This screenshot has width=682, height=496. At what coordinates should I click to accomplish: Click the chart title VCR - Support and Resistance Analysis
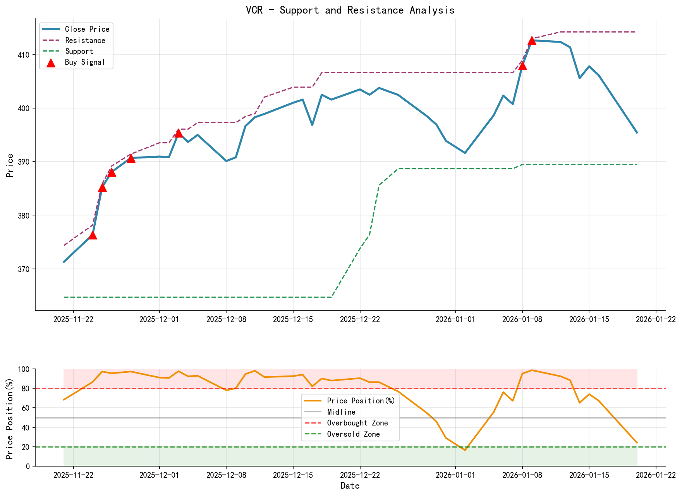(x=350, y=10)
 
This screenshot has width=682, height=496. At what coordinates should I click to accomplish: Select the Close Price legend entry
(x=87, y=29)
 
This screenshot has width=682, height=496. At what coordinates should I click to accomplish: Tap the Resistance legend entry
(x=85, y=40)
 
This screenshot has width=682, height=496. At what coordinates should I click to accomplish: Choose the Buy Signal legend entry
(x=85, y=62)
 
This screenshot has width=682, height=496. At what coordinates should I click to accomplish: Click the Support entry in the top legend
(x=79, y=51)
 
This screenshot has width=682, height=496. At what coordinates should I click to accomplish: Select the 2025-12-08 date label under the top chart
(x=226, y=319)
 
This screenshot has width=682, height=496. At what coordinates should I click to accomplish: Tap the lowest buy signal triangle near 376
(x=93, y=235)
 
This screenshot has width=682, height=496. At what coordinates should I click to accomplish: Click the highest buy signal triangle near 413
(x=532, y=41)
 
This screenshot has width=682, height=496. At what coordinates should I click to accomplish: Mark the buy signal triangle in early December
(x=179, y=133)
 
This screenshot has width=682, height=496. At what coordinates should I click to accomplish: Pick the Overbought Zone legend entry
(x=357, y=423)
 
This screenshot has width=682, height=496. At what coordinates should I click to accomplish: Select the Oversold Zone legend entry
(x=353, y=434)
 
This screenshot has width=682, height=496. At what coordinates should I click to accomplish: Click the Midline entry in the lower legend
(x=341, y=412)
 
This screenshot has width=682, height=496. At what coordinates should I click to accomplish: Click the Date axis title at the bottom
(x=350, y=486)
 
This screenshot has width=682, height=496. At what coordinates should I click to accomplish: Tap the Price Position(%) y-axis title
(x=10, y=417)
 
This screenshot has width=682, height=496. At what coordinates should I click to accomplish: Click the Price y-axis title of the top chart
(x=10, y=165)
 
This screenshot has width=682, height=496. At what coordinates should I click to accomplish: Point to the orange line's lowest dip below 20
(x=465, y=450)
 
